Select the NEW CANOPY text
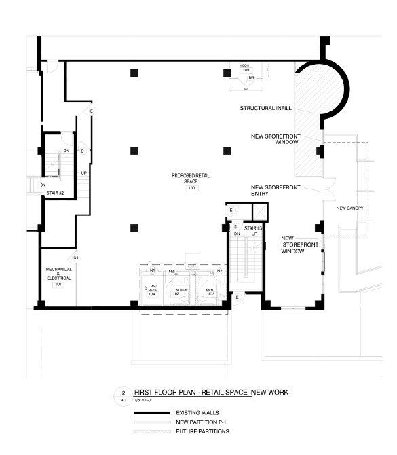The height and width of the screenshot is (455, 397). [x=350, y=208]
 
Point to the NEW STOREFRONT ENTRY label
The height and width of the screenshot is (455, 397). [x=269, y=190]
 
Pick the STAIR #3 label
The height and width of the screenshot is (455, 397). [x=255, y=230]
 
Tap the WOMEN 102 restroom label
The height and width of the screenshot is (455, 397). [x=181, y=292]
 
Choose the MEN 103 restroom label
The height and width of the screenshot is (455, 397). [x=210, y=292]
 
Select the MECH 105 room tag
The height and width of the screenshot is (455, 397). [x=245, y=68]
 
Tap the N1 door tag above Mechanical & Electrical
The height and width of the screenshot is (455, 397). [x=77, y=258]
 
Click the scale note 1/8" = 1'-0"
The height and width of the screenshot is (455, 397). [x=145, y=401]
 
